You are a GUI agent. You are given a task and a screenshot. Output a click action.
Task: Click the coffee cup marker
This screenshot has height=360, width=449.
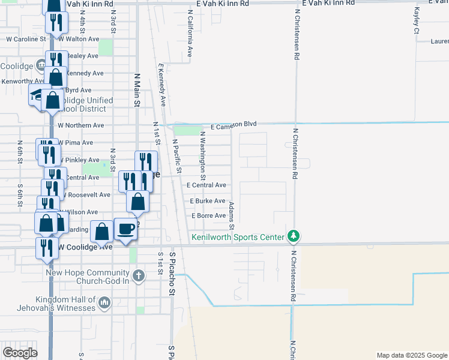[125, 230]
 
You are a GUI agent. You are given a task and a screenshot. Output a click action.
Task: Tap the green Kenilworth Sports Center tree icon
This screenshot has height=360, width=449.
[293, 236]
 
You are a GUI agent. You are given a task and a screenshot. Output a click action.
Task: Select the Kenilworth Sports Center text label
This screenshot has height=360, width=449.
[237, 237]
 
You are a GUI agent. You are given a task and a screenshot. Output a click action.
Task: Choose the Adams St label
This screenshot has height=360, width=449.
[231, 211]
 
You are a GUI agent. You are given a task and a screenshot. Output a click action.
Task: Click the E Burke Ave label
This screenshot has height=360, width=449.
[208, 201]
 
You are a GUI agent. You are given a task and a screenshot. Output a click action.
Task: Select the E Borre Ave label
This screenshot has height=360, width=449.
[208, 215]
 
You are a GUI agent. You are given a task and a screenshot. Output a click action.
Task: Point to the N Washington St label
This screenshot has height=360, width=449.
[203, 155]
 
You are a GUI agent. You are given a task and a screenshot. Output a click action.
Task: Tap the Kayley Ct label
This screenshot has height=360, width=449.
[417, 20]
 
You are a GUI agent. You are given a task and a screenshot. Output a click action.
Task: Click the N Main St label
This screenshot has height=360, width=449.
[137, 90]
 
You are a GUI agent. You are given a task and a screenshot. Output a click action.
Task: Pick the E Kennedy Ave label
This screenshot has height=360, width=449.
[161, 84]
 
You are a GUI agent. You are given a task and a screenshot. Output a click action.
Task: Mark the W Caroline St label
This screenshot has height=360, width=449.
[25, 39]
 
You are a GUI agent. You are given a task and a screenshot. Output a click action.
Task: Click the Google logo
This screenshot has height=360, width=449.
[19, 353]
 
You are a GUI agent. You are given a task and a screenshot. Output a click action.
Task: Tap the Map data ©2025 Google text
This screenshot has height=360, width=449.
[411, 355]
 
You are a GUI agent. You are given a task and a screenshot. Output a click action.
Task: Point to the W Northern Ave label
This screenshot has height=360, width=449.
[81, 125]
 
